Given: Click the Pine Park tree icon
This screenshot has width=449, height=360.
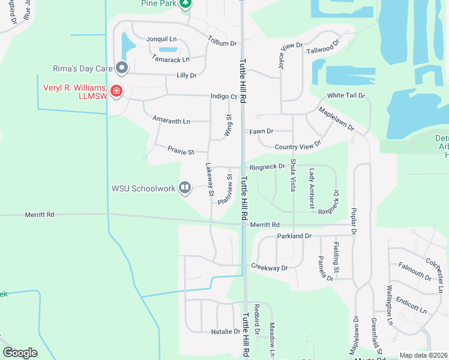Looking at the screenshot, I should (186, 4).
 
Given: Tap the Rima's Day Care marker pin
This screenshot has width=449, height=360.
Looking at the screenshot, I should (122, 68).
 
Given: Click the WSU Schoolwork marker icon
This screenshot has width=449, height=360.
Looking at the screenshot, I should (185, 188).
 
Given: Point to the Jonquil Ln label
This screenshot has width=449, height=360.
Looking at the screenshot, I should (160, 39).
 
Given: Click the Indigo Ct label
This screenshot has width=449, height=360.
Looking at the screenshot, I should (224, 96).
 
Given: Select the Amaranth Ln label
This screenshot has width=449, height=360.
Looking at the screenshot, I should (171, 121).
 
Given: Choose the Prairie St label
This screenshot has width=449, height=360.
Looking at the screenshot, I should (181, 152).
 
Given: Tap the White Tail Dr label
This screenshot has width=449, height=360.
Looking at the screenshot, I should (346, 95).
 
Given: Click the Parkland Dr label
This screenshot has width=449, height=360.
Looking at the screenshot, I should (294, 236).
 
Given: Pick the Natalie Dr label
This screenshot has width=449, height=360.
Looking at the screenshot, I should (226, 331).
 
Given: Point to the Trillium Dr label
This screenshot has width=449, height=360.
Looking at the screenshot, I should (222, 44).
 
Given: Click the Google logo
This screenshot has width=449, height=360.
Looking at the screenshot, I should (20, 353).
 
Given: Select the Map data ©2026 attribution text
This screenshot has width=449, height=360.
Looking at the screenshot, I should (423, 355).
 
